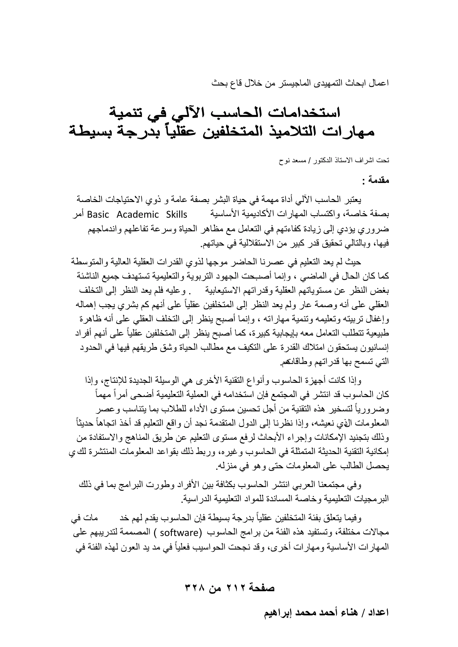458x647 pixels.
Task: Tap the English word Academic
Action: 138,215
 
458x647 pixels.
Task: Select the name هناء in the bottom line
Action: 344,612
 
